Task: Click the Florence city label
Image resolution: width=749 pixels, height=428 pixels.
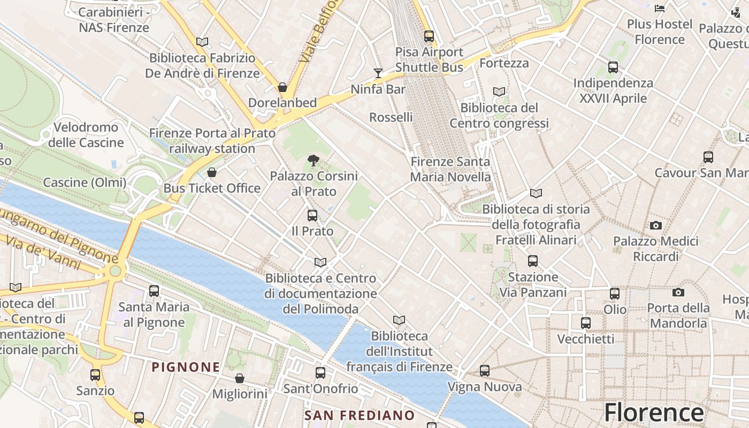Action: click(x=654, y=413)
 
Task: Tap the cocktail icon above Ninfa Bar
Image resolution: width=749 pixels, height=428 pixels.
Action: click(x=378, y=73)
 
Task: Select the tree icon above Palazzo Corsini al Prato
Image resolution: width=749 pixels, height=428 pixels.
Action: click(x=314, y=160)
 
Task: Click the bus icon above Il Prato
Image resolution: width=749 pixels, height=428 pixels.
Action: click(x=312, y=216)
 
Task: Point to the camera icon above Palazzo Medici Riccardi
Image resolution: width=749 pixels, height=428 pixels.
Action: click(x=656, y=225)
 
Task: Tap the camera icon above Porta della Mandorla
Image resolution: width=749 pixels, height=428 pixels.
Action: click(x=678, y=292)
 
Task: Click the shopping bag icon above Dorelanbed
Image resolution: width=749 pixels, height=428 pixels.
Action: click(x=282, y=87)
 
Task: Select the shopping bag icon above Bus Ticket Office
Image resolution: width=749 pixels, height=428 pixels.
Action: click(x=212, y=172)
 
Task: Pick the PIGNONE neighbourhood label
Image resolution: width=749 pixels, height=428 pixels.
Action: click(x=186, y=367)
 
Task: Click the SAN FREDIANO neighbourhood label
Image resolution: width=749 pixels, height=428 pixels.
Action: click(x=360, y=415)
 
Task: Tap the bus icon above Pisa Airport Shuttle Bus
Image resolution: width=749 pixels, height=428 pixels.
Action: click(x=429, y=36)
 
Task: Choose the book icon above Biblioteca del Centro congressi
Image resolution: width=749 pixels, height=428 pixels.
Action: click(x=499, y=92)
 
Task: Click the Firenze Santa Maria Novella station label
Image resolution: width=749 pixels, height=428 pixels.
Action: click(x=450, y=169)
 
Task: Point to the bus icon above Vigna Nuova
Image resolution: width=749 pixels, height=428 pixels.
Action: click(x=485, y=371)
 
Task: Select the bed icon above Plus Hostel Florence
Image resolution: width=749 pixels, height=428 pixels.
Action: click(x=660, y=9)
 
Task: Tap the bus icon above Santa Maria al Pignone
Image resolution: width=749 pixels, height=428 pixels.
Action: click(x=154, y=291)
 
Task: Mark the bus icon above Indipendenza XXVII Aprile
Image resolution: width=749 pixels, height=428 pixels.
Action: click(x=613, y=67)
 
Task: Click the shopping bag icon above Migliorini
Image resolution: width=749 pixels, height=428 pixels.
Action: click(x=240, y=378)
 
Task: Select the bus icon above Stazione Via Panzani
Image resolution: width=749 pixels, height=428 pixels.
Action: click(x=533, y=261)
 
